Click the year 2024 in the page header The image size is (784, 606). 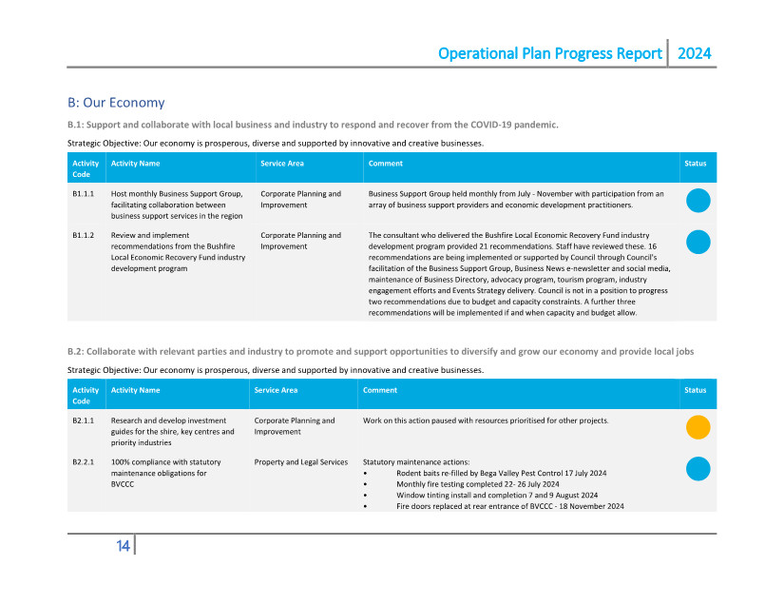coord(694,53)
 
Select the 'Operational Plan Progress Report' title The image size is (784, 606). coord(549,53)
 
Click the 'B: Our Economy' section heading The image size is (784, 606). coord(116,103)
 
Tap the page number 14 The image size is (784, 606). coord(123,545)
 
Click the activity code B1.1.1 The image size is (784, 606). coord(83,194)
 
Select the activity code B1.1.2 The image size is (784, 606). coord(83,235)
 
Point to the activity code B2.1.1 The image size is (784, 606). coord(83,420)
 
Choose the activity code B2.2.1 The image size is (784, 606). coord(83,462)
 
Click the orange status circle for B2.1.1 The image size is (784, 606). coord(698,427)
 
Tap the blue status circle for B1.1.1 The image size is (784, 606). coord(698,201)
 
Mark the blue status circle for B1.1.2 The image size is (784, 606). coord(698,242)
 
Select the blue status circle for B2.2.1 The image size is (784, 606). coord(698,469)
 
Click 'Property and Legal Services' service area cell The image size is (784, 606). coord(300,462)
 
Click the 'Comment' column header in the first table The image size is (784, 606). coord(386,164)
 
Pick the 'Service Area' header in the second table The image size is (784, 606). coord(276,390)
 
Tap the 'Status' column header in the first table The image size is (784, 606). coord(696,164)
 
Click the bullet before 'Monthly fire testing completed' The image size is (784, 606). coord(366,484)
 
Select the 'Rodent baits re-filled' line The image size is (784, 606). coord(501,473)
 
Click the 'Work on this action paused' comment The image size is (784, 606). coord(486,420)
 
